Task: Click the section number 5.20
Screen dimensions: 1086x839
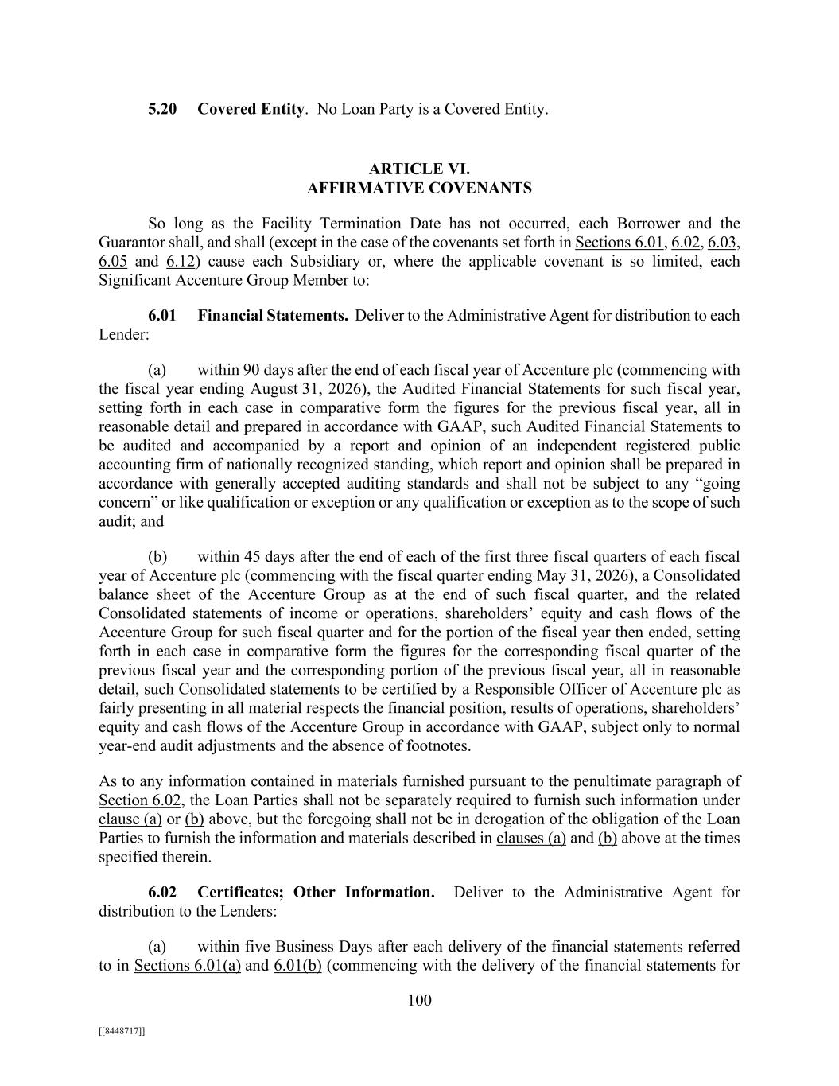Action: point(162,109)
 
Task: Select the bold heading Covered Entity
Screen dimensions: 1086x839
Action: point(251,109)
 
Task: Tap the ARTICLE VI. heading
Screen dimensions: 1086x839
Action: point(419,169)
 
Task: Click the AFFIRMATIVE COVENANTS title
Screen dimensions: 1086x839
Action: point(419,188)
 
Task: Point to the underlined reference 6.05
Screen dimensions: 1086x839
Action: point(113,261)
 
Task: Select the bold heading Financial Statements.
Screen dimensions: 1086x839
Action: point(273,315)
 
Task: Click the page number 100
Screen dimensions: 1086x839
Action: point(419,1000)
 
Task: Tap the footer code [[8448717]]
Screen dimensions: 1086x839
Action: point(122,1031)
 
